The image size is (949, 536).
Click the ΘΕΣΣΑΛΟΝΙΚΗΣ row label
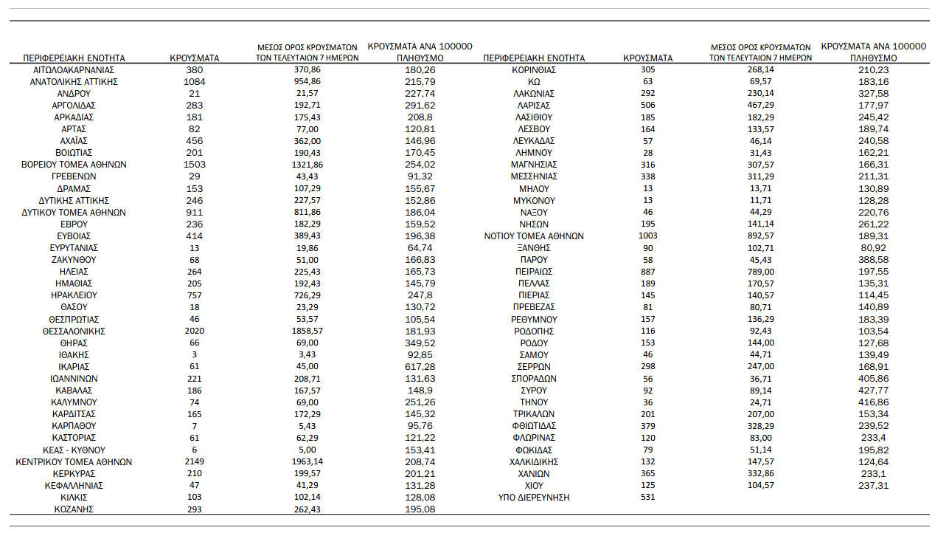coord(74,331)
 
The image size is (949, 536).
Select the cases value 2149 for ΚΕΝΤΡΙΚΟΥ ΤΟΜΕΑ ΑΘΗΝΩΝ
coord(195,461)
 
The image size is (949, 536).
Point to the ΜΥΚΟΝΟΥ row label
coord(534,200)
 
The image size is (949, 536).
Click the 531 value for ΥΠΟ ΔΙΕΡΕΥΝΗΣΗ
coord(647,498)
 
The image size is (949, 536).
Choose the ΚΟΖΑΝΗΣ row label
coord(74,509)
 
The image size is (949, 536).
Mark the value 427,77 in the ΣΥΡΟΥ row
coord(873,391)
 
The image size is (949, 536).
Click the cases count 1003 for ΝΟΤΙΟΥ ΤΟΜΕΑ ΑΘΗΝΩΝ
coord(647,236)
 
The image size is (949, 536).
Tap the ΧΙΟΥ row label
coord(534,486)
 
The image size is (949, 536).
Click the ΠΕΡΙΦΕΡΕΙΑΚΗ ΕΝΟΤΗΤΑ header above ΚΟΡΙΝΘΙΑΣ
coord(534,58)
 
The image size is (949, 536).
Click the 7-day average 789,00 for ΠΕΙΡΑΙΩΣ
coord(760,271)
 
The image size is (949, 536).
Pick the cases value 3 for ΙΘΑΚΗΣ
coord(195,354)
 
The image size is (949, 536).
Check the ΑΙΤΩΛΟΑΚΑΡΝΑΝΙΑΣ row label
coord(74,69)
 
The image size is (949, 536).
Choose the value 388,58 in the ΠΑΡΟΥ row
coord(873,259)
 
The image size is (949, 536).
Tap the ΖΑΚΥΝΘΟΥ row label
coord(74,259)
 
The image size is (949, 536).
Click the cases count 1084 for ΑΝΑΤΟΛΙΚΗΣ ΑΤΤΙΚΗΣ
coord(195,81)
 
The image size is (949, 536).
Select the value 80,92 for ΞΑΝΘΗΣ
coord(873,247)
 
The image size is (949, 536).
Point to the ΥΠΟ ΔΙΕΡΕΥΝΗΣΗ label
coord(534,498)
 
